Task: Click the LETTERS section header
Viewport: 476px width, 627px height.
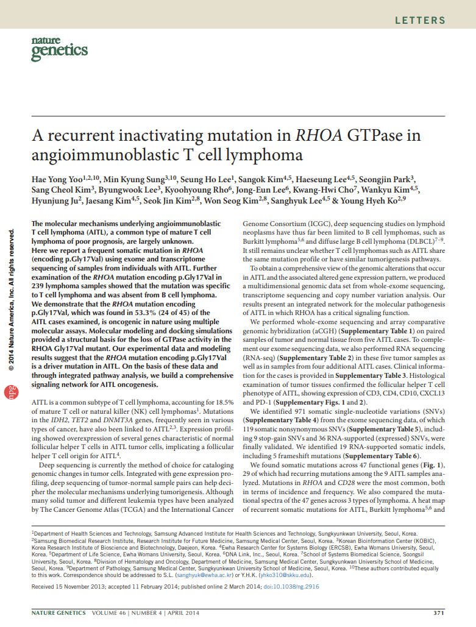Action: [420, 20]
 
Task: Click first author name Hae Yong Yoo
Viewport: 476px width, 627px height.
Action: [57, 179]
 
